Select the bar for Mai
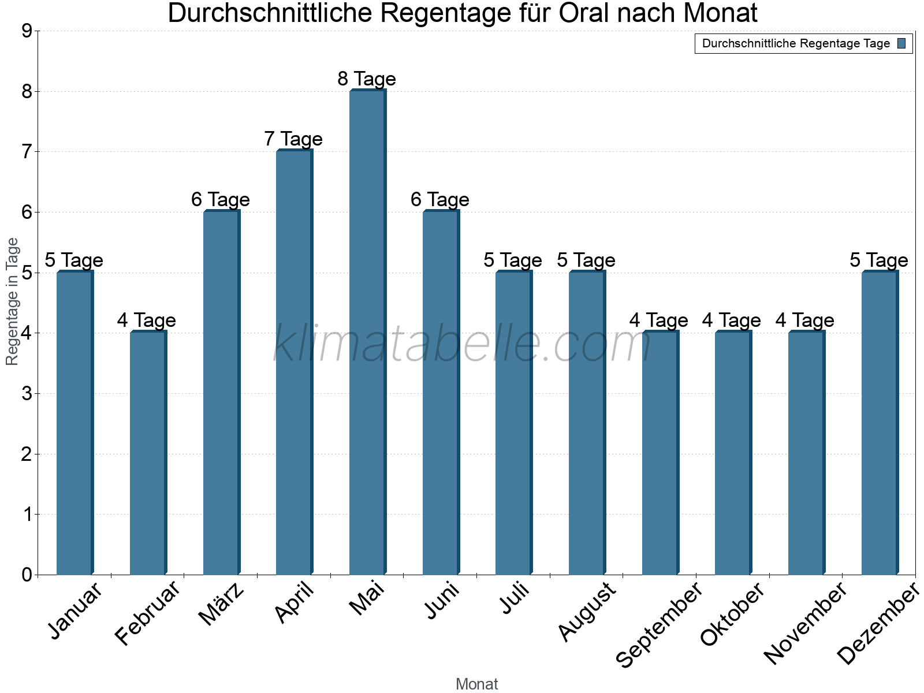(367, 332)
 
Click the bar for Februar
(148, 453)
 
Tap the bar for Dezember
(880, 423)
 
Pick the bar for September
(660, 453)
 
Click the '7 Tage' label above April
(293, 139)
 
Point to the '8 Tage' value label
(367, 79)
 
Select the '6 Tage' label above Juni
(440, 200)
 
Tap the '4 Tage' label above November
(805, 321)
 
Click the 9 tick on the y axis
(26, 31)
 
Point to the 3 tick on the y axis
(26, 394)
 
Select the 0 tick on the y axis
(26, 575)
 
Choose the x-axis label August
(587, 612)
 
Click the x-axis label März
(222, 605)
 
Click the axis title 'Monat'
(476, 684)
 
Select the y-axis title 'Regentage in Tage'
(13, 301)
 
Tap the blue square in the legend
(901, 43)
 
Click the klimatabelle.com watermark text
(462, 344)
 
